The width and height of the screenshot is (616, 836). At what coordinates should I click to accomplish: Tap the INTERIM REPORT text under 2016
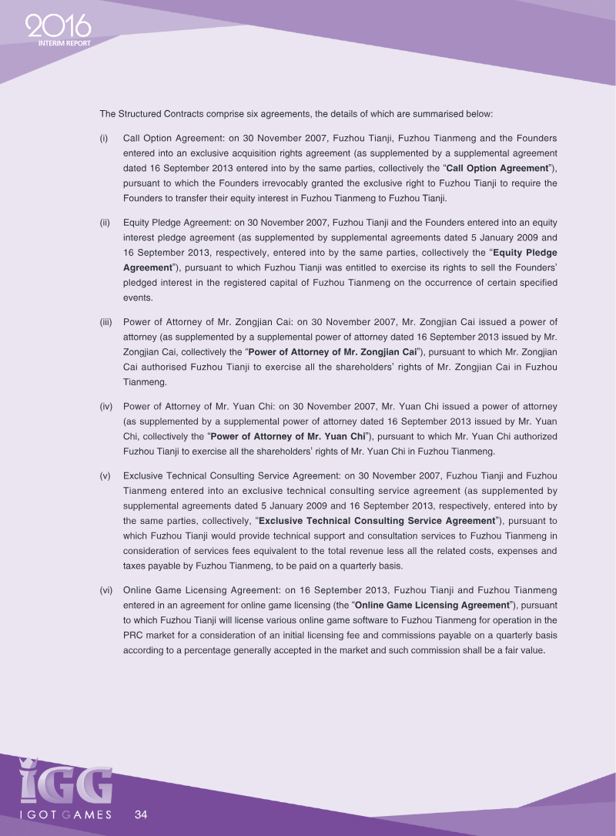pyautogui.click(x=64, y=43)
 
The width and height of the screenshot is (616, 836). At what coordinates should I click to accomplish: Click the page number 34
pyautogui.click(x=141, y=814)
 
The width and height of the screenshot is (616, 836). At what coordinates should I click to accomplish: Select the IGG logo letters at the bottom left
pyautogui.click(x=65, y=781)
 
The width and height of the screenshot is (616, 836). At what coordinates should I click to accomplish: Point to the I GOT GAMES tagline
pyautogui.click(x=65, y=814)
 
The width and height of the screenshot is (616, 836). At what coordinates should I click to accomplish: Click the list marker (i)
pyautogui.click(x=104, y=138)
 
